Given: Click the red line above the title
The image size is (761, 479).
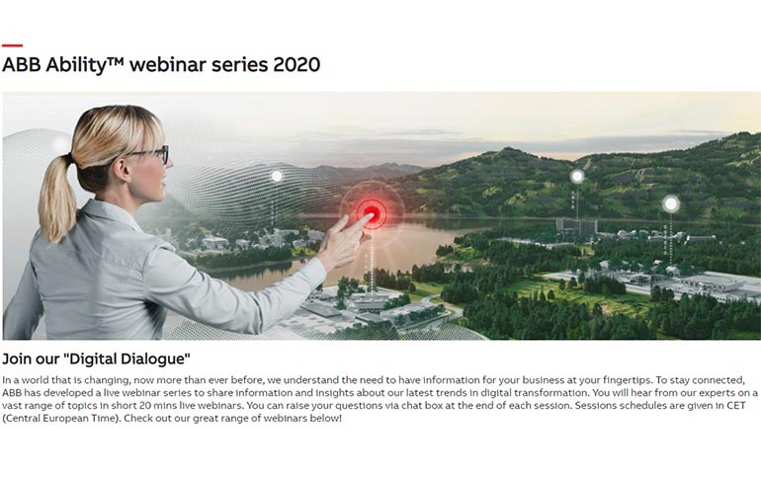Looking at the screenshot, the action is tap(12, 45).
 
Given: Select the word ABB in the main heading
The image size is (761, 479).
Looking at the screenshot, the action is tap(22, 64).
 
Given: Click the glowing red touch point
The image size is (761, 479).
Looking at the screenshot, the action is tap(372, 212).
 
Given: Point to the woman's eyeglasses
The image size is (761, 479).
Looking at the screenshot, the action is tap(150, 154).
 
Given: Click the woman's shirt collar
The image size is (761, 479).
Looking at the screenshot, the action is tap(108, 213).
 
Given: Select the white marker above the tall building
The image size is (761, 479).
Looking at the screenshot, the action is tap(577, 177).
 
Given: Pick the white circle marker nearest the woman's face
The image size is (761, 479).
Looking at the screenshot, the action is tap(277, 176).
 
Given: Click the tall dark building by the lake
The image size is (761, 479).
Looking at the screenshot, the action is tap(576, 226).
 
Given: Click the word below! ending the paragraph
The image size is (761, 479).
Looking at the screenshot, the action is tap(326, 418).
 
